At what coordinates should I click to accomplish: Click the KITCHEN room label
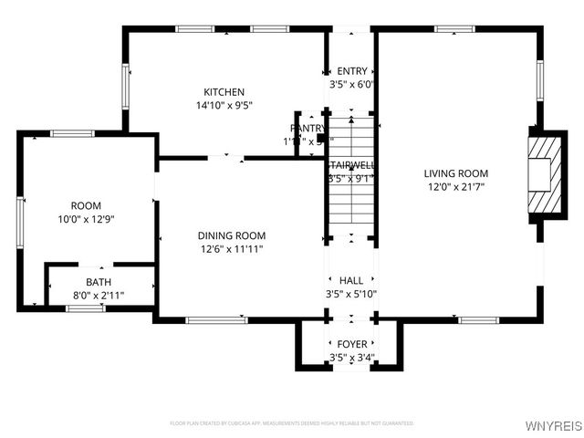click(224, 91)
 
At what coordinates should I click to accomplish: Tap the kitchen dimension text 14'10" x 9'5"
click(224, 105)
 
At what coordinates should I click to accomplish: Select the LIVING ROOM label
click(455, 173)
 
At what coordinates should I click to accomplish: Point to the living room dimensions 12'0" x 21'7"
click(455, 187)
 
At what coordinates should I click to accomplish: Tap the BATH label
click(99, 282)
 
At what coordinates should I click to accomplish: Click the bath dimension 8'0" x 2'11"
click(99, 296)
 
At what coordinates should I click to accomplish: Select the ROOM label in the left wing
click(87, 205)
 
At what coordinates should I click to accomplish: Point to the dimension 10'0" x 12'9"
click(87, 219)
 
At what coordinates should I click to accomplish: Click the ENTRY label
click(352, 71)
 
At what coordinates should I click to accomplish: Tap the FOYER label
click(351, 344)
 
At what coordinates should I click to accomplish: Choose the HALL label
click(351, 281)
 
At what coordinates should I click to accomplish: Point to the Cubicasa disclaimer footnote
click(291, 423)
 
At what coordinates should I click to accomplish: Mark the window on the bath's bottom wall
click(85, 308)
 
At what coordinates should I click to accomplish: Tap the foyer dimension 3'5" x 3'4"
click(351, 357)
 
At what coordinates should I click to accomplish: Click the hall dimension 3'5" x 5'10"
click(351, 294)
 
